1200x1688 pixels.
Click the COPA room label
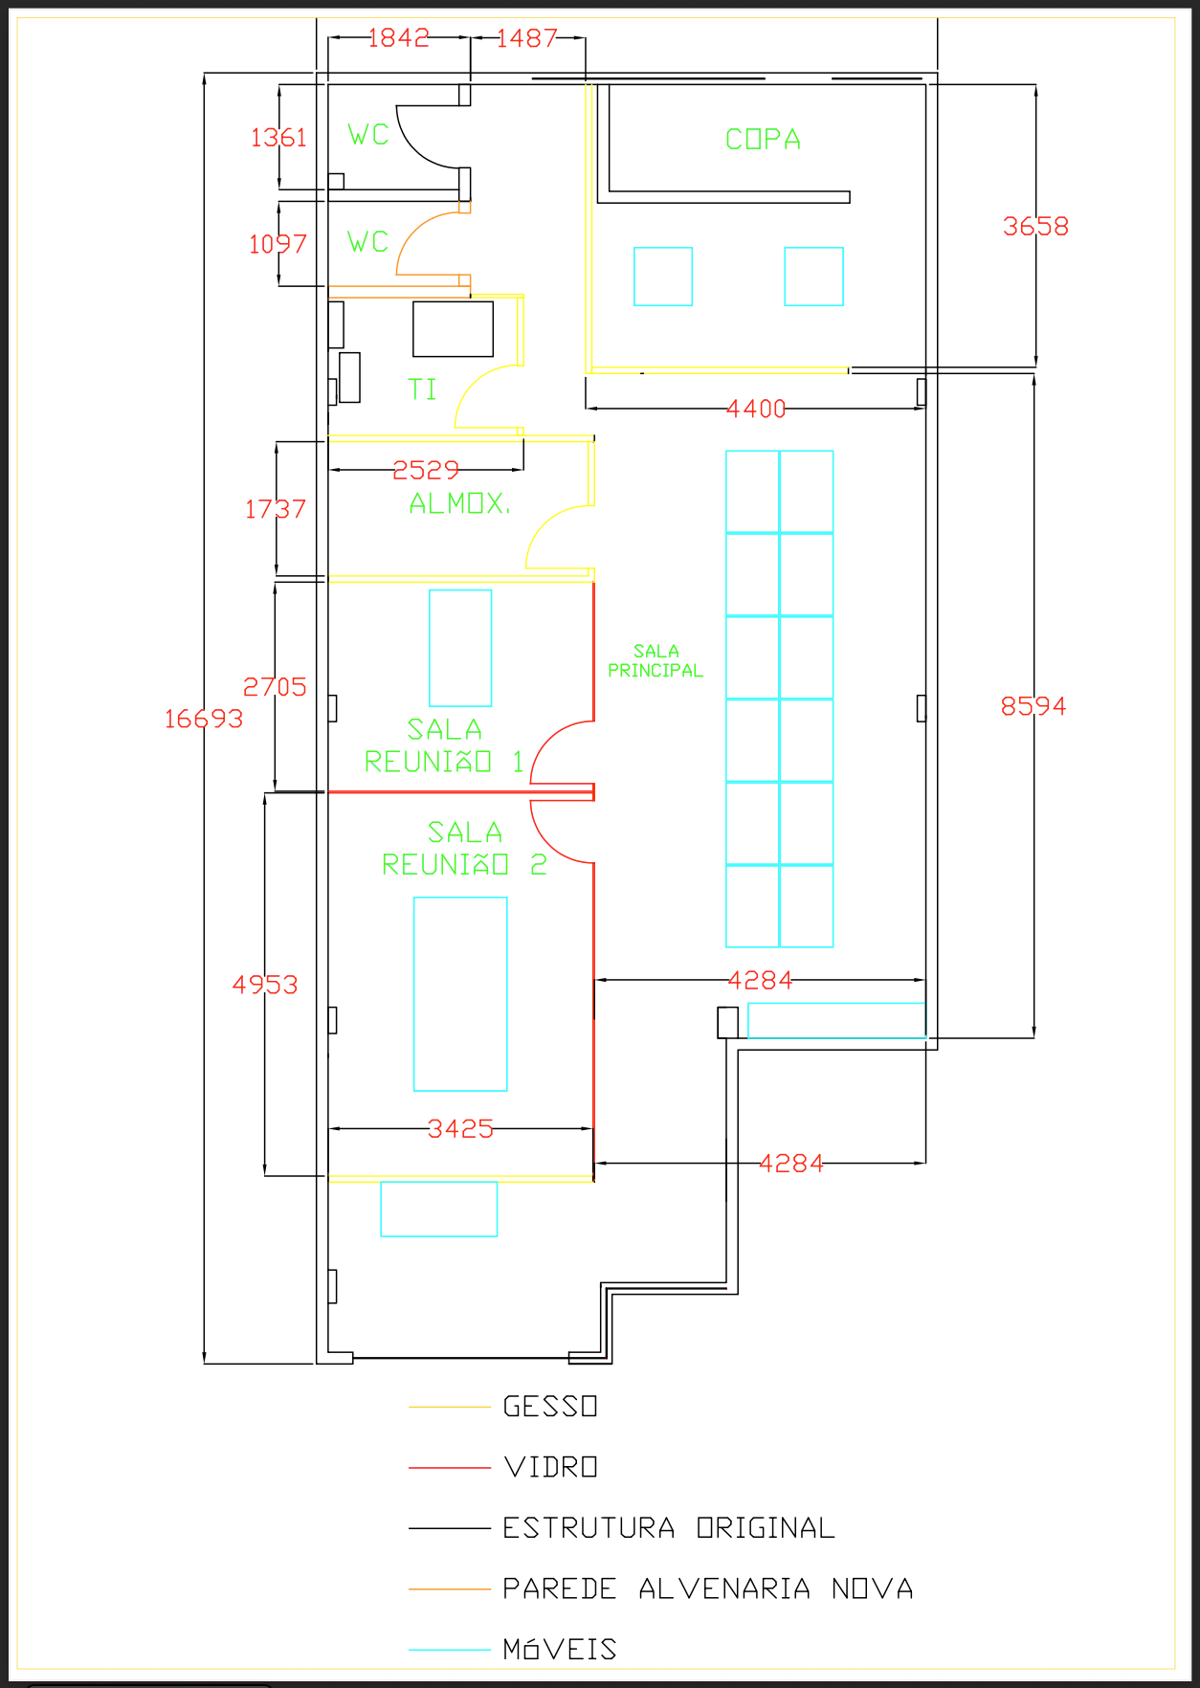coord(763,140)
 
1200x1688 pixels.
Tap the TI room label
coord(422,389)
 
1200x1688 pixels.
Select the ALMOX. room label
coord(459,503)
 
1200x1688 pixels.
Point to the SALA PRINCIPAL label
coord(656,661)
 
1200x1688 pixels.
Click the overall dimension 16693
coord(204,719)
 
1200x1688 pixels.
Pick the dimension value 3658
coord(1035,227)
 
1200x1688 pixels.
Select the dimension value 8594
coord(1033,706)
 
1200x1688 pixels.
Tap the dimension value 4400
coord(756,410)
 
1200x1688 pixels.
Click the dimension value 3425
coord(460,1129)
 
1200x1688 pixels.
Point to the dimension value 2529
coord(426,471)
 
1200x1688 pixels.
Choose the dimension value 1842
coord(398,37)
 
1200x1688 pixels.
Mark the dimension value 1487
coord(526,38)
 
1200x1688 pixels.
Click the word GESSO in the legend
coord(550,1407)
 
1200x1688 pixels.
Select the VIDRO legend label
coord(550,1467)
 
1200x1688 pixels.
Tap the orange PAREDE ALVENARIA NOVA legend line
coord(450,1589)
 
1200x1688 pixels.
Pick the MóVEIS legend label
coord(560,1649)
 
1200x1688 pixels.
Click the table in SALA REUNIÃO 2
coord(460,994)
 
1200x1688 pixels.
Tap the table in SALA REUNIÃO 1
coord(460,648)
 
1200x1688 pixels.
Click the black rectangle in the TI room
coord(453,329)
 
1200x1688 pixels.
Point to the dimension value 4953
coord(265,985)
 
